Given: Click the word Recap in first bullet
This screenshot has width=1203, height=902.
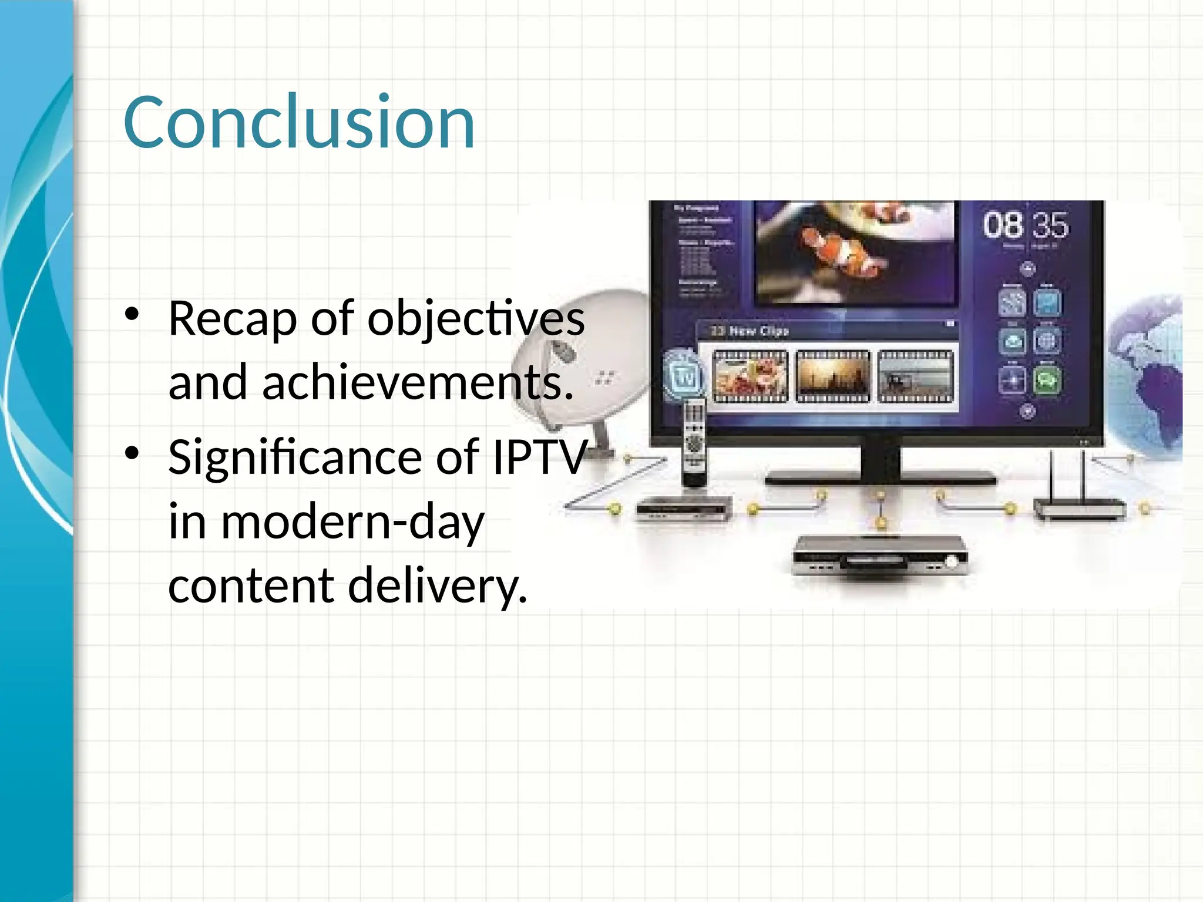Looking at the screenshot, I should tap(232, 319).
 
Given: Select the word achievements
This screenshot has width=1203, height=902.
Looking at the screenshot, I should tap(417, 383).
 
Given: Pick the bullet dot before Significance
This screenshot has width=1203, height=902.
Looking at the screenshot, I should tap(132, 453).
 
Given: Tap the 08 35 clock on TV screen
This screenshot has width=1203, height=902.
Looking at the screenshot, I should tap(1026, 225).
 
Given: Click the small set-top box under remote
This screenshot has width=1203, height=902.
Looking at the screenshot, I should tap(684, 509).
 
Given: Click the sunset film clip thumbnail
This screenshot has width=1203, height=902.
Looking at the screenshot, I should tap(832, 376).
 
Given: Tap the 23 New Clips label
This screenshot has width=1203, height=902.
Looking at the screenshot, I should tap(750, 331).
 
